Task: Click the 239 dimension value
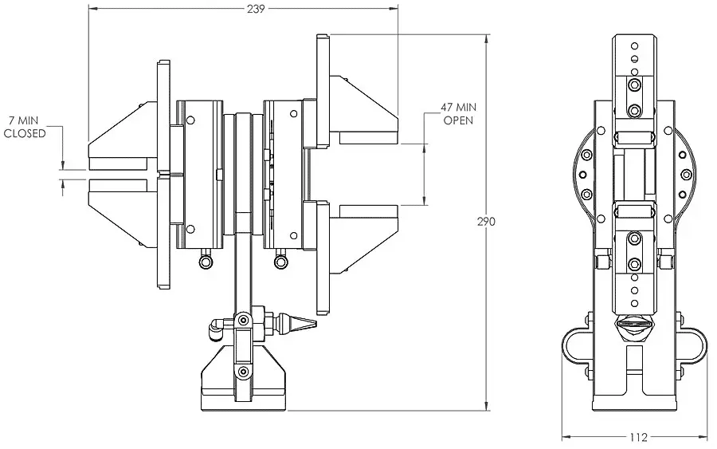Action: pos(256,9)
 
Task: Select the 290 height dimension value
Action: pos(486,222)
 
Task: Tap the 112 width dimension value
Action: pos(638,438)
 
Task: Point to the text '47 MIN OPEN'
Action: pos(458,114)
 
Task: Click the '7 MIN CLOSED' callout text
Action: pos(25,127)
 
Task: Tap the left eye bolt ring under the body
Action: pos(206,262)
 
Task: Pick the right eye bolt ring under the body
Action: pos(280,262)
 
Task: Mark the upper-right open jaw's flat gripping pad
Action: pos(369,138)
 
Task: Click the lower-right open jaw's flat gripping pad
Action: pos(369,211)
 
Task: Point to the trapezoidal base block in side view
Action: pos(244,377)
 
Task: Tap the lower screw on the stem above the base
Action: pos(244,372)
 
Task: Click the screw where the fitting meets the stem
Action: pos(243,319)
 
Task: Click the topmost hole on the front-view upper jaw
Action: pos(634,45)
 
